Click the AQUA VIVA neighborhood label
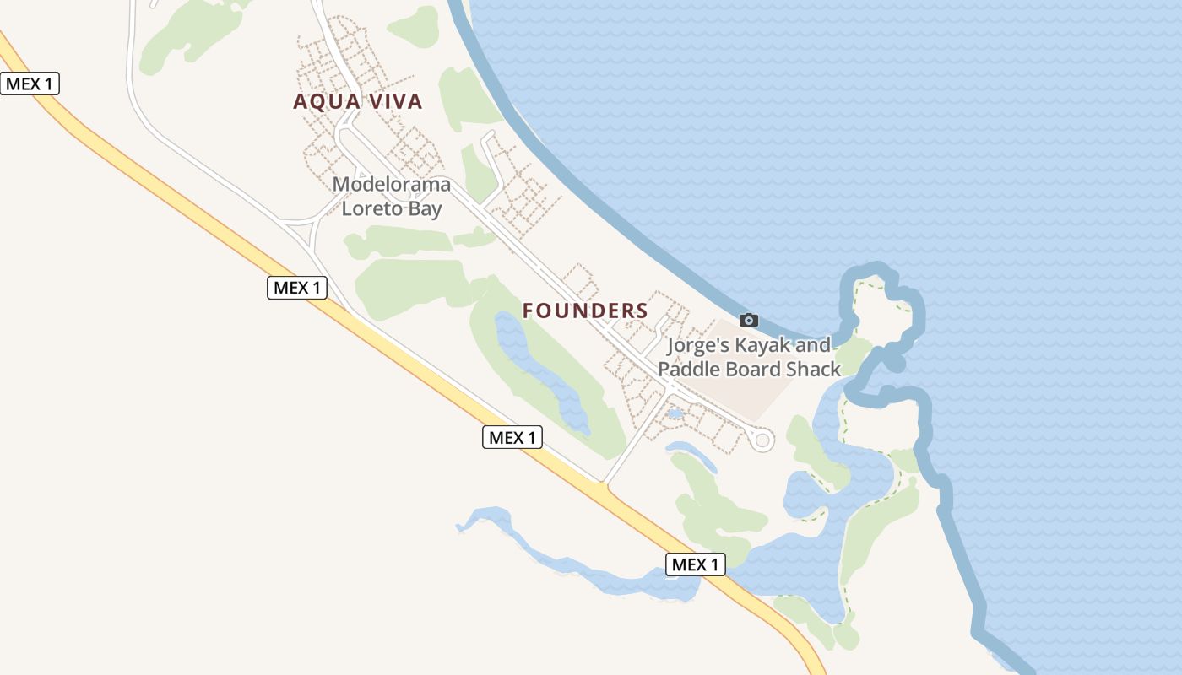click(x=357, y=102)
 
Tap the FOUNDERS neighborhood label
click(x=585, y=310)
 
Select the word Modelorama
click(x=391, y=184)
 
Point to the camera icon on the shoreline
click(x=748, y=320)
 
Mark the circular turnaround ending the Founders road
click(x=762, y=440)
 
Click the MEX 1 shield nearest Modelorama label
click(x=297, y=288)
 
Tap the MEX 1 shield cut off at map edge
click(x=30, y=84)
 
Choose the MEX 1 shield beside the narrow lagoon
click(x=696, y=564)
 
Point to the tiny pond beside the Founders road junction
click(x=675, y=414)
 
